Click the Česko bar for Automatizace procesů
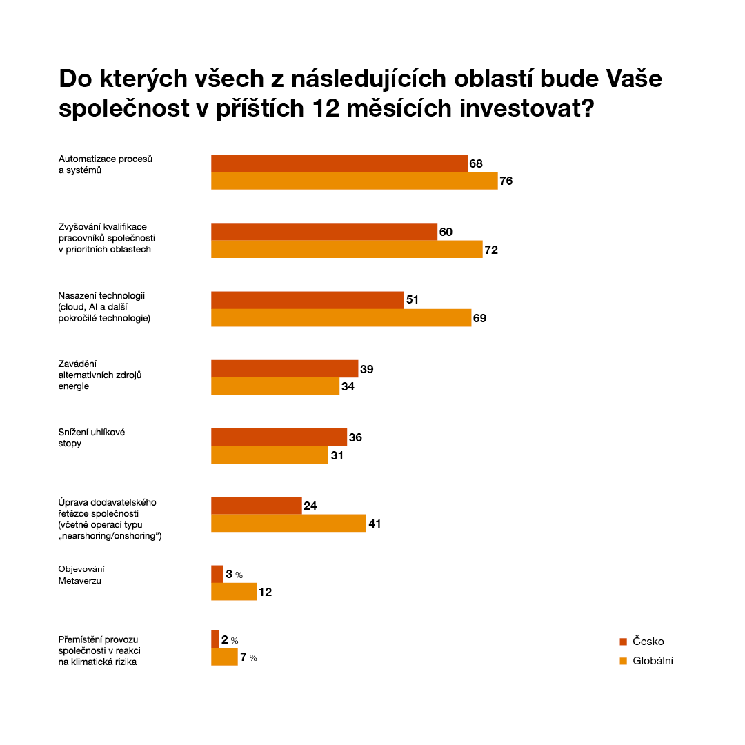(339, 163)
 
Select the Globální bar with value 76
(354, 181)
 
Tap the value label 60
(446, 232)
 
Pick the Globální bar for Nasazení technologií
(341, 318)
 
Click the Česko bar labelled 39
(284, 368)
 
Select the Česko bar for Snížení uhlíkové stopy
(279, 437)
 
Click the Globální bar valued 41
(288, 524)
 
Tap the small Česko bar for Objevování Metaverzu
(217, 574)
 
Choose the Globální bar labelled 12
(234, 592)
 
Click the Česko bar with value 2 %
(215, 639)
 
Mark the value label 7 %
(248, 657)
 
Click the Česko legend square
(623, 642)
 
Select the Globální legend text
(653, 661)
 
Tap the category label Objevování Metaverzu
(81, 575)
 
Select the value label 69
(481, 318)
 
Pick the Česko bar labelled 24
(256, 506)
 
